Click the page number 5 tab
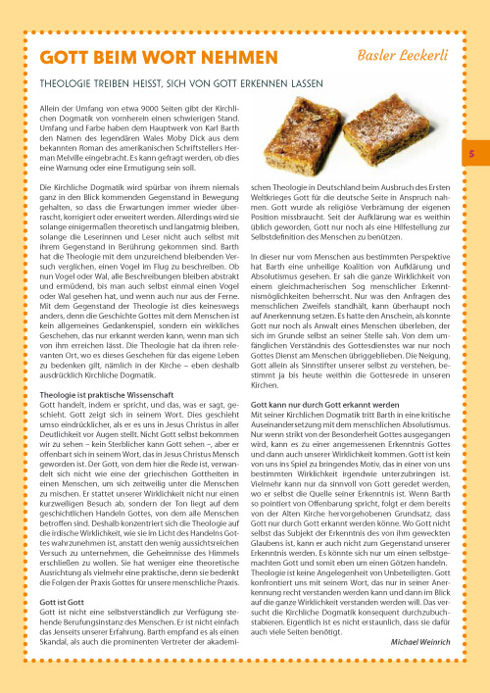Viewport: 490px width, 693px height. click(469, 154)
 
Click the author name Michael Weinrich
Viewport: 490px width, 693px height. click(422, 640)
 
